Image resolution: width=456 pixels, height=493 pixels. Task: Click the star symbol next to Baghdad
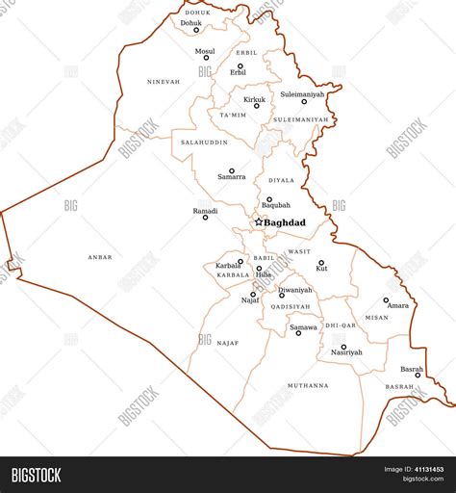258,222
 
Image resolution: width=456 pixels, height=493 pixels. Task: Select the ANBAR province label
100,257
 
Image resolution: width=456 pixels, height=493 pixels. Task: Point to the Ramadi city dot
205,218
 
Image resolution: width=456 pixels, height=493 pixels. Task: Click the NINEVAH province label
164,82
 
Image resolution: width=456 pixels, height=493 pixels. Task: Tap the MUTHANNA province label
308,385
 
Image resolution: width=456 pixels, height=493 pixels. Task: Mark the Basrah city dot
418,376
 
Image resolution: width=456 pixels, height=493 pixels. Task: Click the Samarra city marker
232,170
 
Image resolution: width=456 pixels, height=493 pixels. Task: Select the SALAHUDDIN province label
204,142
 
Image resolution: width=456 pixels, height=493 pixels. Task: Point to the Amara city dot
387,299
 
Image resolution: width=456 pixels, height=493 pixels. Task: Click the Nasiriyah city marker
343,347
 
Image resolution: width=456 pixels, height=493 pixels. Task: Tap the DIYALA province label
282,180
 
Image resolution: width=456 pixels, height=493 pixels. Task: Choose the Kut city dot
321,262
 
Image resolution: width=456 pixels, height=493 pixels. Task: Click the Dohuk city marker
196,30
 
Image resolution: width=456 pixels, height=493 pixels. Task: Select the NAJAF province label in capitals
228,343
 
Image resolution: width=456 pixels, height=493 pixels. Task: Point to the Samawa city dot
298,333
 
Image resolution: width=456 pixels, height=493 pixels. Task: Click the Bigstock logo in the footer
36,474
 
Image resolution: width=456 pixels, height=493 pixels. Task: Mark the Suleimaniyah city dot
304,101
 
